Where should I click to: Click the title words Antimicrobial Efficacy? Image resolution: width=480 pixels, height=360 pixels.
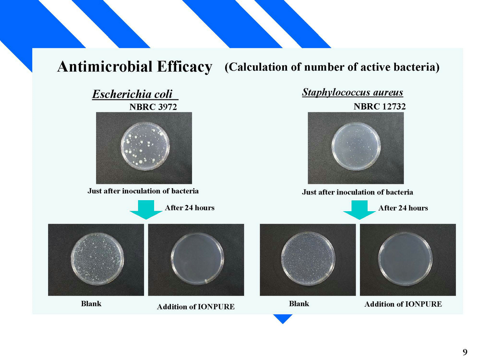(x=135, y=67)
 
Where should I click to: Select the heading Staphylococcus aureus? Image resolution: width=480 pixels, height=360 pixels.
(x=352, y=92)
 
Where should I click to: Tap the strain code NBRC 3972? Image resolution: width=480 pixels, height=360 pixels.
(x=153, y=107)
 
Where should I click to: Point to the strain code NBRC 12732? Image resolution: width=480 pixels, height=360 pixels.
(x=380, y=107)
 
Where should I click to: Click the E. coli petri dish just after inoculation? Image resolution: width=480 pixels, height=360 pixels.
(x=145, y=146)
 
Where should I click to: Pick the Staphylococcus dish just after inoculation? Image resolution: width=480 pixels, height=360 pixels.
(x=356, y=147)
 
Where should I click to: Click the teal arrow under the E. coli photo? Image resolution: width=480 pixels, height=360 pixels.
(x=146, y=210)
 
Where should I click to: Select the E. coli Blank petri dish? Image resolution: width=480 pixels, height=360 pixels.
(x=97, y=259)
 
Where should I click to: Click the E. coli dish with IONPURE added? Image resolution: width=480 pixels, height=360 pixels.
(x=197, y=259)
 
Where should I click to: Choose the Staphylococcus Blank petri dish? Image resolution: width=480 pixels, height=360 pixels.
(x=308, y=259)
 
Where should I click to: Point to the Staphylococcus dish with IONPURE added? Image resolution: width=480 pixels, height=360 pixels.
(x=406, y=259)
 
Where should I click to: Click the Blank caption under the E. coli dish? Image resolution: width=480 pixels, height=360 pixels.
(x=91, y=304)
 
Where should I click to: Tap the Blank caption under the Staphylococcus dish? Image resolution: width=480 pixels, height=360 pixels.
(x=299, y=304)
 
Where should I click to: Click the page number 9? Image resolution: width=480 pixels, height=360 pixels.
(x=465, y=352)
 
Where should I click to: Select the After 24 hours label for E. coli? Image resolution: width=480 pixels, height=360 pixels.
(x=190, y=208)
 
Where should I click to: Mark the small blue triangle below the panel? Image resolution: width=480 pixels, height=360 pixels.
(x=283, y=319)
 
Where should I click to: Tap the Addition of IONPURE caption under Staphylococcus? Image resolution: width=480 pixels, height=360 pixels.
(x=403, y=304)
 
